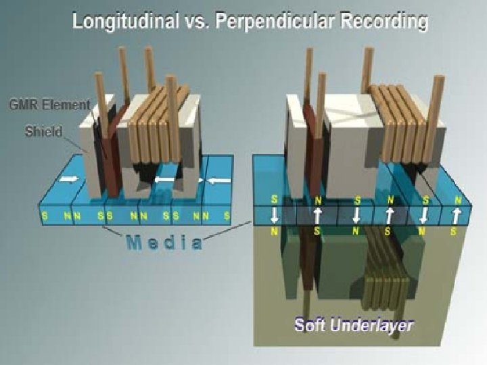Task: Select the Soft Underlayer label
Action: point(354,324)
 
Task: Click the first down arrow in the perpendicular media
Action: point(274,216)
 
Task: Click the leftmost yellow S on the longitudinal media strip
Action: point(45,216)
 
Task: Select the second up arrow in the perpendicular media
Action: point(390,216)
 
